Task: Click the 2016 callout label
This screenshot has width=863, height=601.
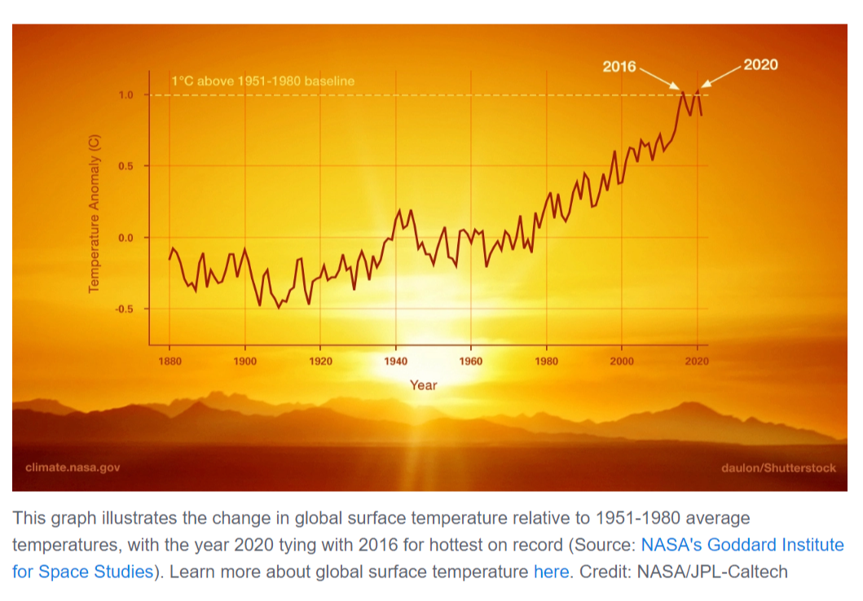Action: pos(619,67)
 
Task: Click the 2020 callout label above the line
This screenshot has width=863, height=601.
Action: pos(760,65)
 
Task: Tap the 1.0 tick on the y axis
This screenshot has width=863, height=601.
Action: pos(125,95)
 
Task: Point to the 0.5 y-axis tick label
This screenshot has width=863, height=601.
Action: pos(125,166)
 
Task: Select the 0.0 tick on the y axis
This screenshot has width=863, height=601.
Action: pos(125,238)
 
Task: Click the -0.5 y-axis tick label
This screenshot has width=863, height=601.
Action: pos(123,309)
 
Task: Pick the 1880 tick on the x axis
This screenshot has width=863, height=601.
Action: pos(170,361)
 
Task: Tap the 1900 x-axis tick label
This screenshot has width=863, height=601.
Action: pos(245,361)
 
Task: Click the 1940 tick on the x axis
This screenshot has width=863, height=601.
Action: pos(395,361)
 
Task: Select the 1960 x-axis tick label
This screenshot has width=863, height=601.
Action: pos(471,361)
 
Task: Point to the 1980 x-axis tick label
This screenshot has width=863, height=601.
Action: pos(546,361)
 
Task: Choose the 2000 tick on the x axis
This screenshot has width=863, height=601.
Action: pos(622,361)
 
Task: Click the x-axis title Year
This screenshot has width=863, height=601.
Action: pos(423,385)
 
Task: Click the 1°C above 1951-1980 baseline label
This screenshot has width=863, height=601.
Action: pos(262,81)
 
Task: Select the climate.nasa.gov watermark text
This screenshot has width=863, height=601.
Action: pos(73,467)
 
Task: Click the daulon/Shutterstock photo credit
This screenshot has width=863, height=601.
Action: pos(779,467)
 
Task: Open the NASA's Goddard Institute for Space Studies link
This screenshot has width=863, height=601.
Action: pos(742,545)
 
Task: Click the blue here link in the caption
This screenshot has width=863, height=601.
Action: pos(551,572)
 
